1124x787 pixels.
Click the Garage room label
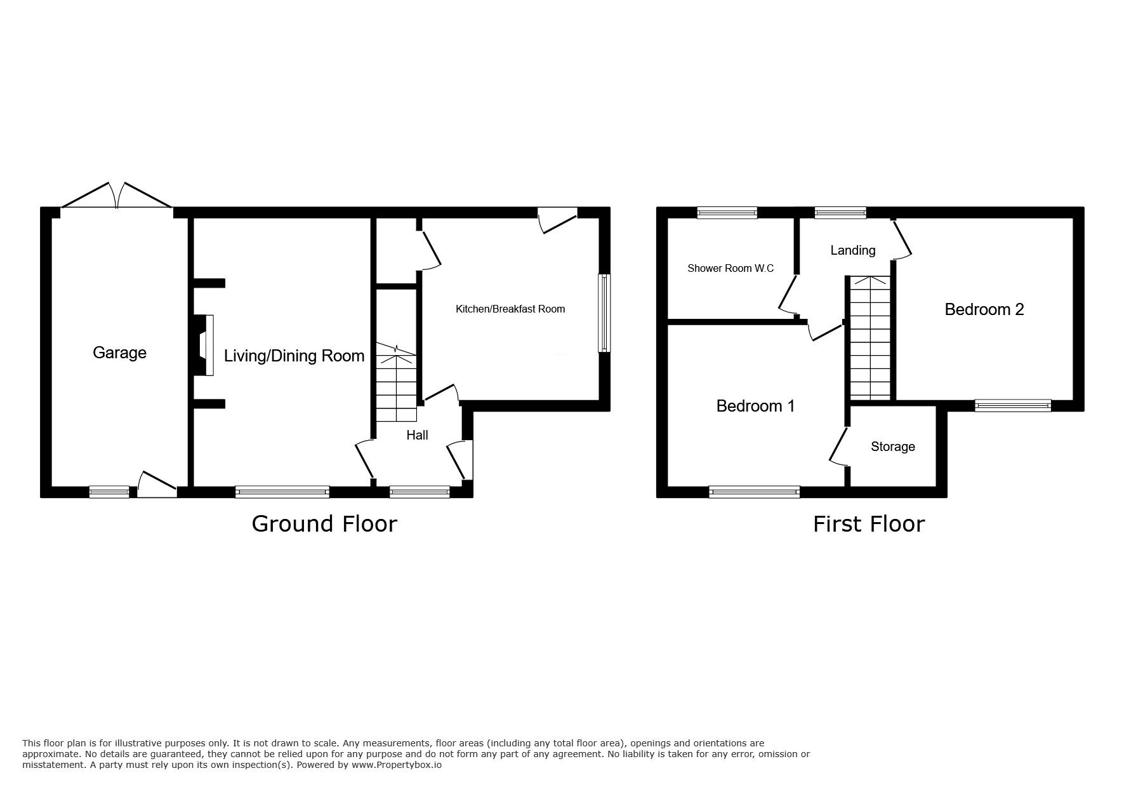pos(119,353)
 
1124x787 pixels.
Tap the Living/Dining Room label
pos(294,356)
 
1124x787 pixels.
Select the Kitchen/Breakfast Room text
pos(510,309)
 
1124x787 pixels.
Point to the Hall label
pos(417,435)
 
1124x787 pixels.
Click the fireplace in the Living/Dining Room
pos(204,346)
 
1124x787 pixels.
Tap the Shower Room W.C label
pos(731,269)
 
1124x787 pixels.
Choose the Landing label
pos(852,250)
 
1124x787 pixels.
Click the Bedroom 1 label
pos(755,406)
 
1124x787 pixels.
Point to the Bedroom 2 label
pos(984,309)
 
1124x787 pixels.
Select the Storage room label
pos(892,447)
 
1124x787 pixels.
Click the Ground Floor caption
pos(324,524)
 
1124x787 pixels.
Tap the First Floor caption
pos(869,524)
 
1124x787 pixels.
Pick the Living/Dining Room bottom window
pos(282,492)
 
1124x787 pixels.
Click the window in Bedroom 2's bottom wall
pos(1012,405)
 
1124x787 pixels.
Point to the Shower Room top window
pos(727,213)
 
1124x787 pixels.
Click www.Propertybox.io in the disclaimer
pos(397,765)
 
